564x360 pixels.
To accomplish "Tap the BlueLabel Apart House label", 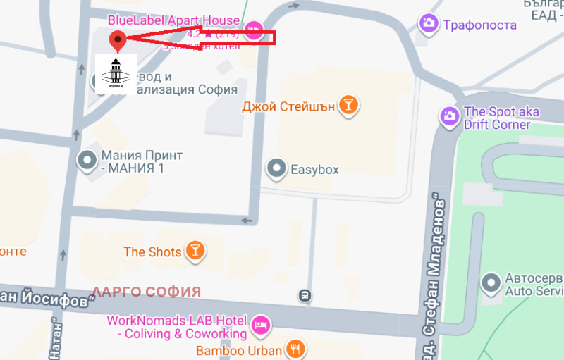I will point(173,20).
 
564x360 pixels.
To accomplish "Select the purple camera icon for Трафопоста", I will point(428,24).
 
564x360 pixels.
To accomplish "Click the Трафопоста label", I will point(479,25).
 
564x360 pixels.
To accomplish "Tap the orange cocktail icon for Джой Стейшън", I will point(348,106).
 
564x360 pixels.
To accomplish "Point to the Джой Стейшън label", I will point(288,107).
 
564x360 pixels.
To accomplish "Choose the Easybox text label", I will point(315,169).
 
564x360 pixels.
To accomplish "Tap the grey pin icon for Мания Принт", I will point(87,161).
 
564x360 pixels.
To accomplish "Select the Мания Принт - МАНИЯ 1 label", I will point(141,161).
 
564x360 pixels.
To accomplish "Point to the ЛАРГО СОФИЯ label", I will point(147,292).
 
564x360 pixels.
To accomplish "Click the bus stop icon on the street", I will point(305,295).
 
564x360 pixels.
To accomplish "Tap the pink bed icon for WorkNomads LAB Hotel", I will point(261,325).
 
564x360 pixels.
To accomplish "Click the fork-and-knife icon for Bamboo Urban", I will point(295,349).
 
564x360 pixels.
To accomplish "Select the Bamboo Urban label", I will point(239,349).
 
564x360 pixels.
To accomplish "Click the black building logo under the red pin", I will point(111,73).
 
